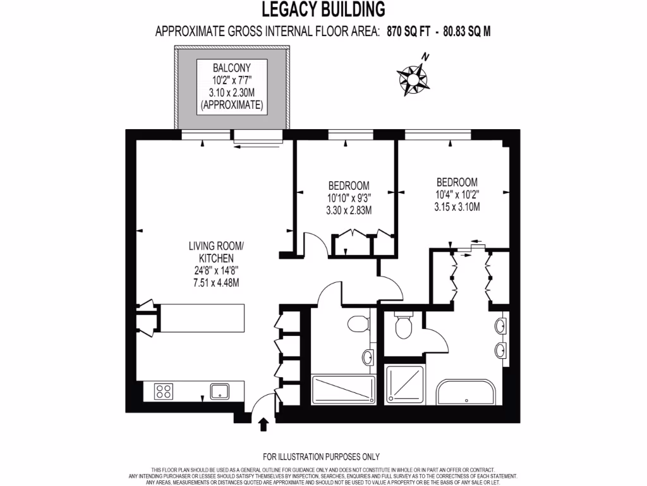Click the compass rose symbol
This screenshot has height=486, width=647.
coord(413,78)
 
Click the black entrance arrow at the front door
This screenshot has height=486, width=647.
coord(263,423)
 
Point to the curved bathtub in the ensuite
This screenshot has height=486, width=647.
coord(467,392)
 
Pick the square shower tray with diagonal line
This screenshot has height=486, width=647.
coord(405,385)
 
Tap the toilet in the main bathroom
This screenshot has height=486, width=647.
coord(358,324)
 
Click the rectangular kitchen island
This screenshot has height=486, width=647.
coord(200,318)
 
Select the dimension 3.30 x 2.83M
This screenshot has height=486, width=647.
coord(349,210)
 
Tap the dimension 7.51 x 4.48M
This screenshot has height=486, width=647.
coord(216,283)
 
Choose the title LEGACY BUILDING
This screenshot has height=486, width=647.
coord(323,9)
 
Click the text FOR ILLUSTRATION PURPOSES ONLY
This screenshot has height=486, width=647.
coord(321,456)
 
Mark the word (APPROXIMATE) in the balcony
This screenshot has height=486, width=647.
coord(232,105)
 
